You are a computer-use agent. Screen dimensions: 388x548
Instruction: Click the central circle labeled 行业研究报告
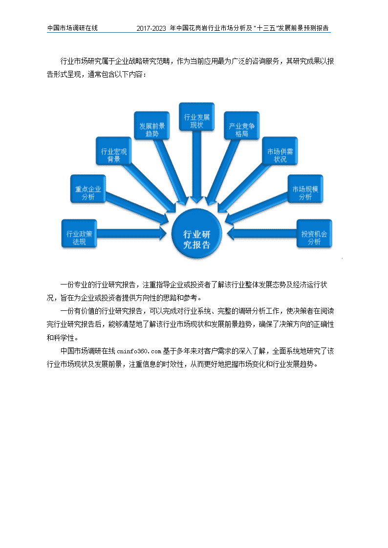196,234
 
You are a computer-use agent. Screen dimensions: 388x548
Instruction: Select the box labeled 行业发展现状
196,117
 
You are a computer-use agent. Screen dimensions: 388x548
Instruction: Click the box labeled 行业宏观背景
114,151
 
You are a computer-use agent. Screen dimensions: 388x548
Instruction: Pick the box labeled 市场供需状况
280,151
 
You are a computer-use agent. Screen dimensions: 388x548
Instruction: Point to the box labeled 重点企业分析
88,189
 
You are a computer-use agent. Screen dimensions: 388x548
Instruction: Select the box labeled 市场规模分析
305,189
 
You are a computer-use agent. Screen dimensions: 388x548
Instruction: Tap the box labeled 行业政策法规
79,234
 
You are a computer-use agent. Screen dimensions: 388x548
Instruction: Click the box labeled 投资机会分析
314,234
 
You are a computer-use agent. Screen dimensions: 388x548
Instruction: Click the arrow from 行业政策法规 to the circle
131,233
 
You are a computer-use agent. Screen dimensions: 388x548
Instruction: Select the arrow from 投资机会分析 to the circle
262,233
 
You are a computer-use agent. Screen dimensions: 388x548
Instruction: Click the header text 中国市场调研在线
72,28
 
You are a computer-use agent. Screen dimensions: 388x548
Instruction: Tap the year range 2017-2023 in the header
151,28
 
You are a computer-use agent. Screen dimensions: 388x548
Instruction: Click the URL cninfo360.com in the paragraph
139,351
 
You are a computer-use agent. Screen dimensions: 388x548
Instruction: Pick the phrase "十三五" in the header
265,28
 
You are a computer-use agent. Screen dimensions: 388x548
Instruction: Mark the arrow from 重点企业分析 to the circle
137,207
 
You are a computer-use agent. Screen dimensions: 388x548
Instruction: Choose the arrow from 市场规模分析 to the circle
257,207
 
